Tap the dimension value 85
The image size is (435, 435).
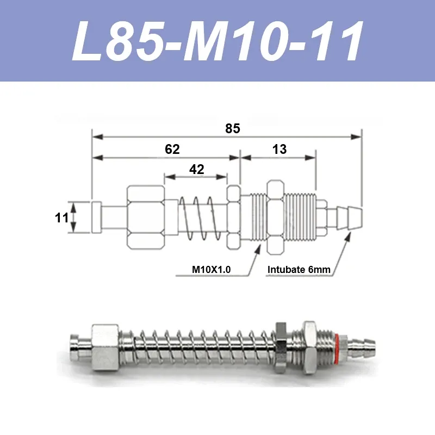click(x=233, y=129)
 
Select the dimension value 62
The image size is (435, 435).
click(x=172, y=149)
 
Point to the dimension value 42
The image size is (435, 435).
click(x=197, y=169)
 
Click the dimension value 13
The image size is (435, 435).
click(x=279, y=149)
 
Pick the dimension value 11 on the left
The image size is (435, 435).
click(x=61, y=218)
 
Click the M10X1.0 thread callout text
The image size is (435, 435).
click(x=211, y=269)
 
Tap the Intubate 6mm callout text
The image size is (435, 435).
click(x=299, y=269)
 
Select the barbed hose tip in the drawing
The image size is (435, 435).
click(x=349, y=218)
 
